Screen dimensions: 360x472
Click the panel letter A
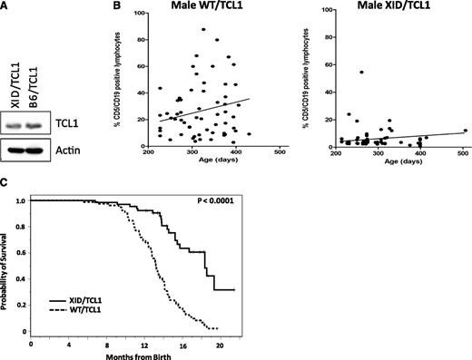(6, 7)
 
